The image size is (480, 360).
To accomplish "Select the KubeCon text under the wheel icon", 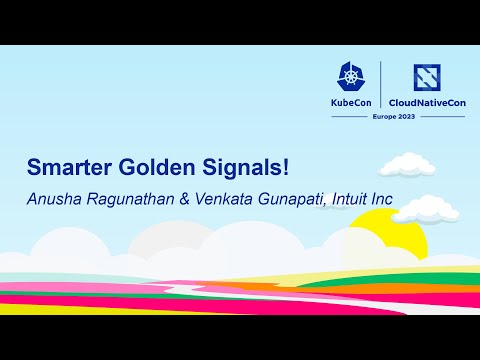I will click(353, 104).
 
